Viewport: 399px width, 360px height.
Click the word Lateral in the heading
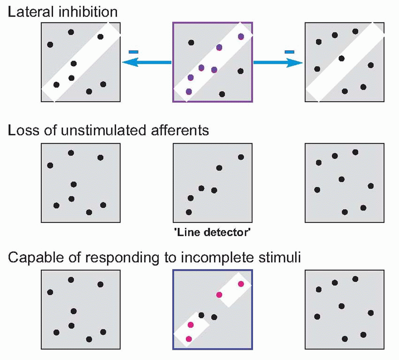[27, 11]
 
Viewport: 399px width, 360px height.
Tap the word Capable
[31, 258]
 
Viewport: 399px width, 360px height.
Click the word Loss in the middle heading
[21, 130]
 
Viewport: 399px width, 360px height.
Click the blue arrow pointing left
[146, 62]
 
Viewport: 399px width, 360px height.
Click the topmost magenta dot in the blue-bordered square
[241, 284]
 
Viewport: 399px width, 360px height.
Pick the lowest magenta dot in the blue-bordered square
[189, 338]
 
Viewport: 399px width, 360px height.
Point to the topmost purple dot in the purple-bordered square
[241, 36]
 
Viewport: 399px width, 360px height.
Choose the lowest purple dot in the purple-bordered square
[189, 92]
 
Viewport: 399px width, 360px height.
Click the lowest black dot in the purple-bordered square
[222, 94]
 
